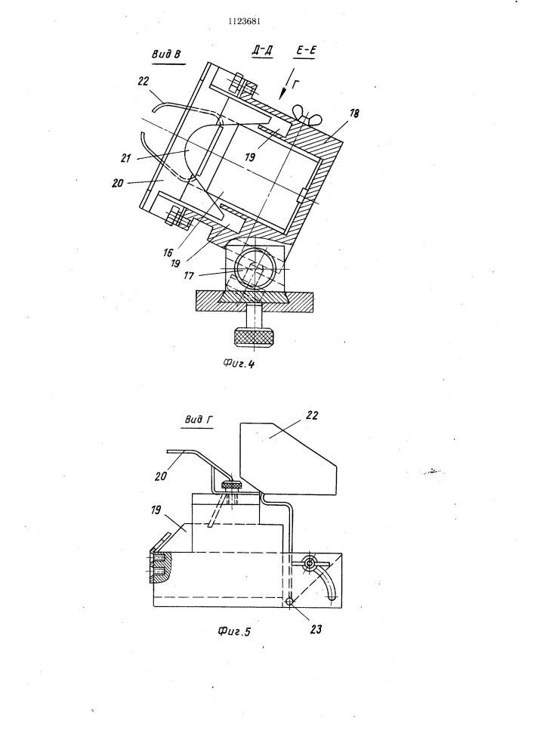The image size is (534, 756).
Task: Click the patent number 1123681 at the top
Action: click(x=245, y=21)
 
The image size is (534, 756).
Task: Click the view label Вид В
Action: click(x=166, y=54)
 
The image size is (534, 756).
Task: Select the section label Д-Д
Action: click(x=262, y=50)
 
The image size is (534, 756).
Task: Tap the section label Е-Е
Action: click(x=306, y=50)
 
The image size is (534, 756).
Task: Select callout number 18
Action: click(x=353, y=114)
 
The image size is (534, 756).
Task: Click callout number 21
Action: click(x=125, y=157)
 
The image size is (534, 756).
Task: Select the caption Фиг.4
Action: click(x=239, y=364)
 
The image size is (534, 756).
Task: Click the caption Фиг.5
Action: click(x=234, y=631)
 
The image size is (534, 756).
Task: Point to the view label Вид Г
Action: click(x=199, y=420)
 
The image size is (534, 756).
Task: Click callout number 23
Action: click(x=316, y=629)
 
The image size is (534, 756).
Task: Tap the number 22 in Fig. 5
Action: click(x=312, y=415)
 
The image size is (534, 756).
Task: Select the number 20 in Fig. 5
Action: click(x=161, y=475)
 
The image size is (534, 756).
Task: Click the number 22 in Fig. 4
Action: click(x=144, y=81)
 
